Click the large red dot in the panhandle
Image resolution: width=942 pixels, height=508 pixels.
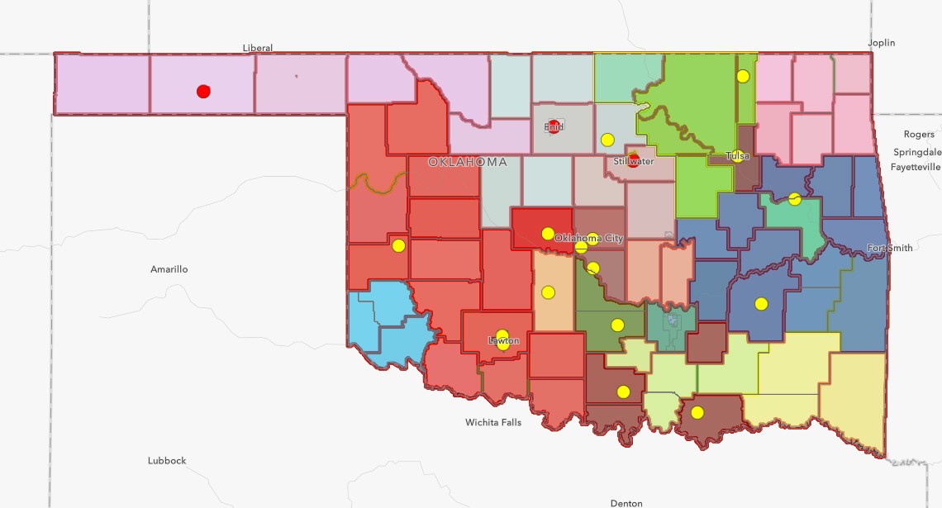203,92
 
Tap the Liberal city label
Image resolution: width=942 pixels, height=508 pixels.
258,48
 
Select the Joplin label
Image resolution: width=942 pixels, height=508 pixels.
881,42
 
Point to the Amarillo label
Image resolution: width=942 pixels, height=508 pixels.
169,269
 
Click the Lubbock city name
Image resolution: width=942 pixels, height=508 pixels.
167,460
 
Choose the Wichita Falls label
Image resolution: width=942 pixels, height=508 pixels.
493,423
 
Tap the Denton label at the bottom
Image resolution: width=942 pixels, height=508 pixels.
626,502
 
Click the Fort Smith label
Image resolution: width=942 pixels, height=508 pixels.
890,248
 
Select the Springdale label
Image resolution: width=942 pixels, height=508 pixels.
917,152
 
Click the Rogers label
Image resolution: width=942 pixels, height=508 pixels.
919,134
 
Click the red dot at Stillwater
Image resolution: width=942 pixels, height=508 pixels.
634,159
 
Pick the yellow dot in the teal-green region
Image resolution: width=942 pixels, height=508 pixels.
794,198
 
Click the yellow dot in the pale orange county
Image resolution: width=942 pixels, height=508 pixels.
548,292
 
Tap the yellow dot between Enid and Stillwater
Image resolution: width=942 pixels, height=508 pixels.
607,140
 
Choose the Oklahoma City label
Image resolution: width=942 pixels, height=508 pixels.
588,238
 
